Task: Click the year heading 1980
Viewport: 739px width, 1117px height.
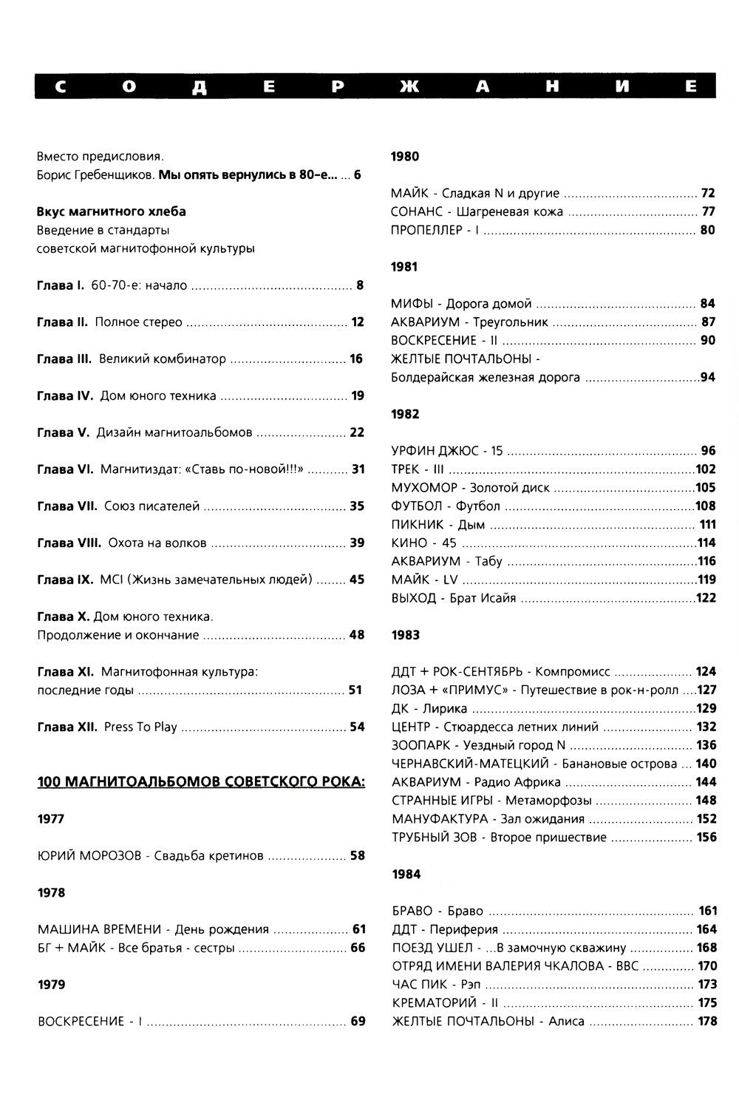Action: tap(404, 157)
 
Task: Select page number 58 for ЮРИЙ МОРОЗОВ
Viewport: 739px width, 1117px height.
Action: tap(358, 856)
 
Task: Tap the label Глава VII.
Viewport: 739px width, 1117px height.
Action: tap(67, 506)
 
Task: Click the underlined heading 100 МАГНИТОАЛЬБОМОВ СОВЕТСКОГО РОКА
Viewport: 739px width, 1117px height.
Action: tap(201, 782)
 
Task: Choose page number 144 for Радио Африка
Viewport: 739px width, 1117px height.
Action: tap(706, 782)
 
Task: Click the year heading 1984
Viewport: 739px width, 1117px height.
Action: tap(406, 875)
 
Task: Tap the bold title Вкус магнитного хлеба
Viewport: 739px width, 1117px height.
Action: tap(112, 212)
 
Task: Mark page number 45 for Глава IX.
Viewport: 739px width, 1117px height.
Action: tap(357, 580)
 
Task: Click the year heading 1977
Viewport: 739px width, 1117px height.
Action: tap(51, 819)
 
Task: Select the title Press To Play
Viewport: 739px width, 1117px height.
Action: tap(140, 727)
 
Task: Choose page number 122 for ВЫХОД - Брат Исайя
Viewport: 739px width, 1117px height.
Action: tap(706, 598)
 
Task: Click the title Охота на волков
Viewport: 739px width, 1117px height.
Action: tap(157, 543)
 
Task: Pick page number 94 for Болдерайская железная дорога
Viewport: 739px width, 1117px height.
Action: tap(708, 378)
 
